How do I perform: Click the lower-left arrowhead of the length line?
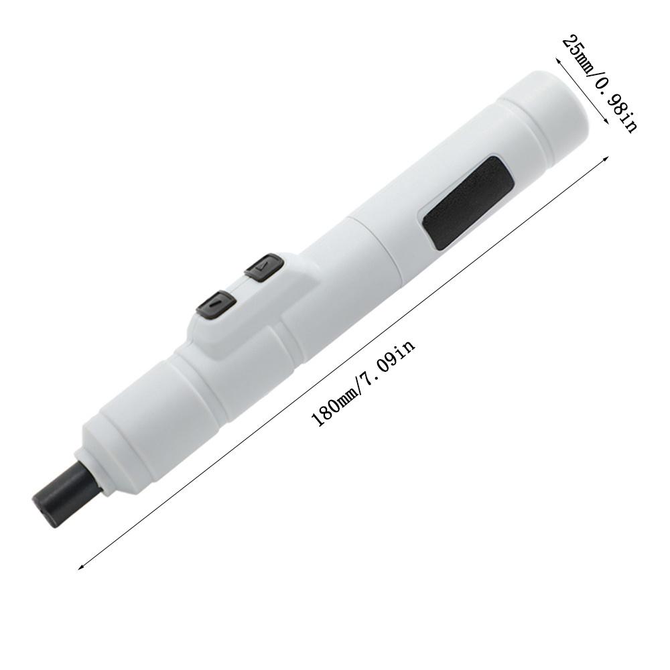point(81,567)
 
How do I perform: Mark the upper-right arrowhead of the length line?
point(605,159)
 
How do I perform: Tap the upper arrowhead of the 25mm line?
point(558,60)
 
